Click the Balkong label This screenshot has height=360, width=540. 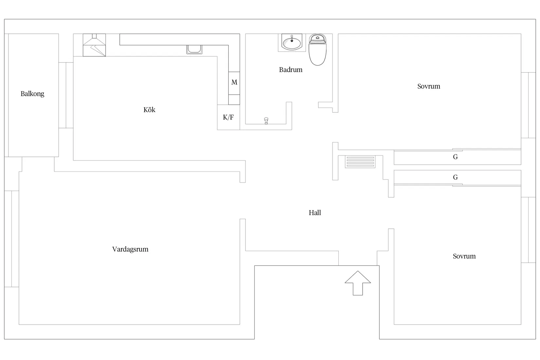pos(32,94)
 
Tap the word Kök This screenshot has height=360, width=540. pos(149,110)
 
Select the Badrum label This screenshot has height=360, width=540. pos(291,70)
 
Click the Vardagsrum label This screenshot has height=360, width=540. pos(130,249)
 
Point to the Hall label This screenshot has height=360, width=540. pos(315,213)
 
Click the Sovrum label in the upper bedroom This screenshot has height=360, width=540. pos(429,86)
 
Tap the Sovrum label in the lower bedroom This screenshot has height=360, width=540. pos(464,256)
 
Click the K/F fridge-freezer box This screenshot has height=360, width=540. pos(228,117)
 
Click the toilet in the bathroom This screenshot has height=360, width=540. pos(317,50)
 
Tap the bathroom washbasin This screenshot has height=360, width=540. pos(292,42)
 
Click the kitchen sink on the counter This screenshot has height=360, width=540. pos(194,49)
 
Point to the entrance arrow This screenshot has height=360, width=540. pos(358,283)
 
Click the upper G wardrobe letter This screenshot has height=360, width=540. pos(455,157)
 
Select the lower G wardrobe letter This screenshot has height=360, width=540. pos(455,177)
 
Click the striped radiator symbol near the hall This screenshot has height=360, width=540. pos(360,162)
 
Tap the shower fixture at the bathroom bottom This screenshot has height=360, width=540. pos(266,120)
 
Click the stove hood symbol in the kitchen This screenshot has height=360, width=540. pos(94,45)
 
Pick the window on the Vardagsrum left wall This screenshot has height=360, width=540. pos(11,239)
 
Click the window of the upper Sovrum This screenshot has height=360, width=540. pos(529,105)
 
